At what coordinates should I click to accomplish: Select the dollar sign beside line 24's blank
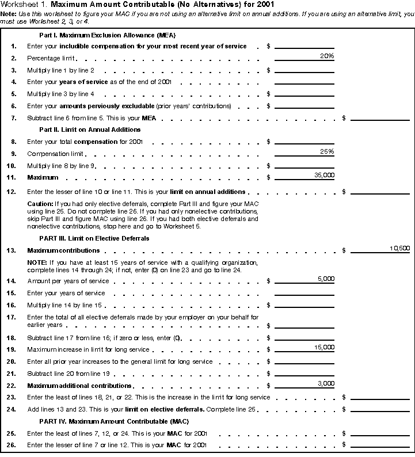pos(344,409)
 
